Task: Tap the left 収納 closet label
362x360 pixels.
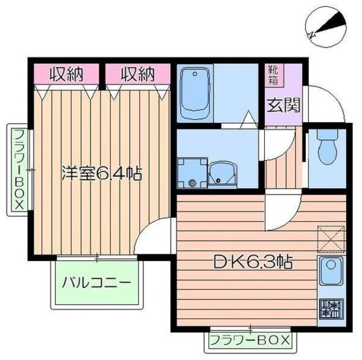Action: pyautogui.click(x=66, y=73)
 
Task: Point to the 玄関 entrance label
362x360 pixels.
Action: pyautogui.click(x=280, y=106)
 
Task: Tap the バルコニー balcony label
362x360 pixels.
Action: pyautogui.click(x=97, y=282)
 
